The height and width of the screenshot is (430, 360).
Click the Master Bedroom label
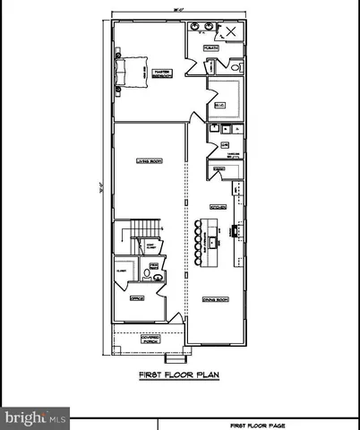click(162, 73)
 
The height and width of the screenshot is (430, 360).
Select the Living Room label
click(148, 161)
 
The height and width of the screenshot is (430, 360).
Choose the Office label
click(137, 298)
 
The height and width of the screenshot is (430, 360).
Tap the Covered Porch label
click(149, 340)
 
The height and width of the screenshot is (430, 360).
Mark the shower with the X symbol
click(230, 31)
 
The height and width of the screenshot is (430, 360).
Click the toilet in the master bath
click(236, 66)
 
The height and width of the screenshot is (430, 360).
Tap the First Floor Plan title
click(179, 375)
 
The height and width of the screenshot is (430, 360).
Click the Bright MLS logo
click(35, 417)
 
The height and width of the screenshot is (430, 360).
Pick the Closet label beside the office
click(121, 270)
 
